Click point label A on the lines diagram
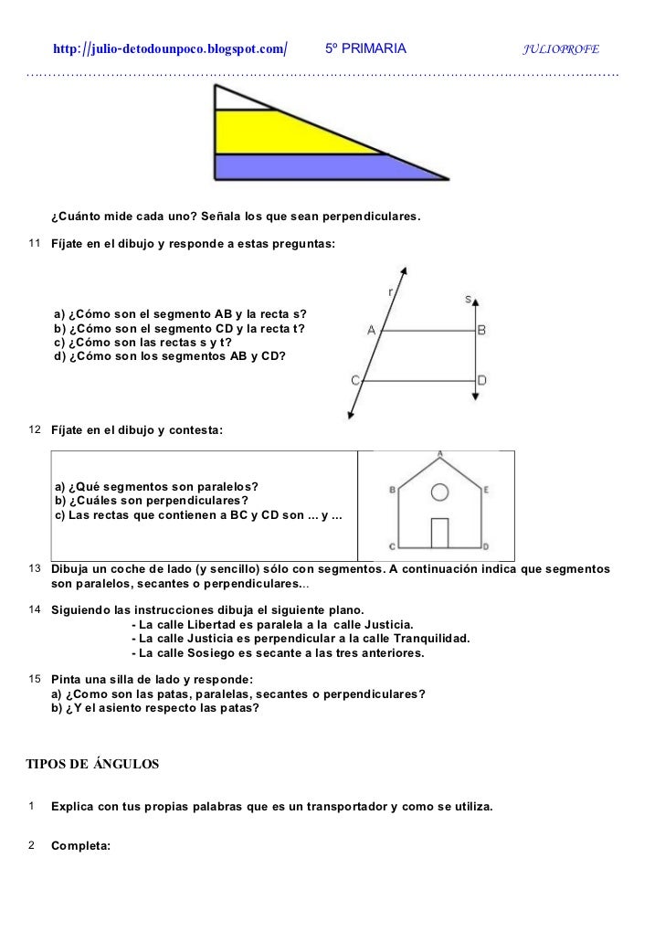click(x=371, y=331)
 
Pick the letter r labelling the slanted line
click(x=391, y=291)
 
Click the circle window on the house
click(x=439, y=492)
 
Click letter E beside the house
click(x=487, y=490)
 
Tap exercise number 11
click(x=34, y=245)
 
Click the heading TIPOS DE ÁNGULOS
click(x=92, y=763)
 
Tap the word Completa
click(x=80, y=845)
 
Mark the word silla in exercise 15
click(x=140, y=680)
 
